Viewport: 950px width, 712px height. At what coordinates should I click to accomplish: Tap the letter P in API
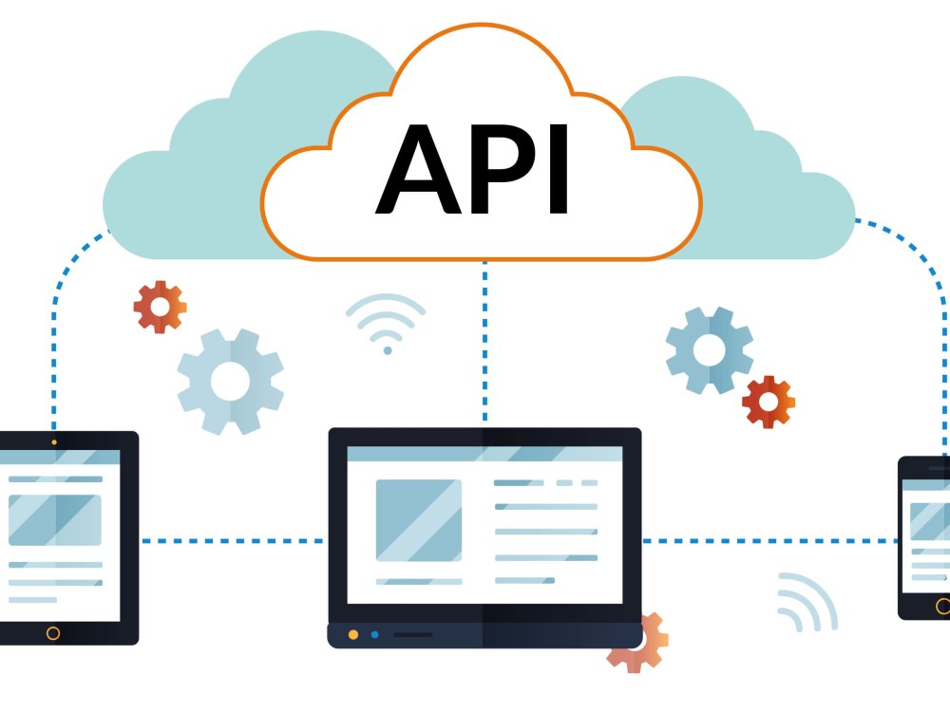click(x=503, y=169)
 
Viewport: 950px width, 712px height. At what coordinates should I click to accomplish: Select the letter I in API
click(x=558, y=169)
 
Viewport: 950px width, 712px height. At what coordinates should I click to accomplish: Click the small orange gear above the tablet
click(x=160, y=307)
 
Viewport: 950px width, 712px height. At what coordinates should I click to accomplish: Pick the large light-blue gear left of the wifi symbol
click(x=230, y=382)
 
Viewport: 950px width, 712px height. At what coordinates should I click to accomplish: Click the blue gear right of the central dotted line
click(x=710, y=350)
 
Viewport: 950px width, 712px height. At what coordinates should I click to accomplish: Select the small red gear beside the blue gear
click(x=769, y=402)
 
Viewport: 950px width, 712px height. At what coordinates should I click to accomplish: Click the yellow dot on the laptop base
click(x=353, y=634)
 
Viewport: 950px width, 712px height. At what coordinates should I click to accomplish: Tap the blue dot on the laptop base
click(x=374, y=634)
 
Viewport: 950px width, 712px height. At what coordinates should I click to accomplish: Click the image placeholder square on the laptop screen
click(x=419, y=520)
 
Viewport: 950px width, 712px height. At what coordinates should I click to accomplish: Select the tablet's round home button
click(x=53, y=633)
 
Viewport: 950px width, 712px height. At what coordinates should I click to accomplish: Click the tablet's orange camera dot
click(x=54, y=442)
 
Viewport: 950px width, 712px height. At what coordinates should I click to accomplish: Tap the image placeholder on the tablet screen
click(x=54, y=520)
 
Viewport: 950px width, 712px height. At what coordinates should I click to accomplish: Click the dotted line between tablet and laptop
click(x=233, y=541)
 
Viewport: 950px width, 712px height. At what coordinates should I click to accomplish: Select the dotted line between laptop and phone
click(x=769, y=541)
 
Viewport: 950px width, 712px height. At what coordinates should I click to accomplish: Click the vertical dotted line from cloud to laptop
click(x=484, y=341)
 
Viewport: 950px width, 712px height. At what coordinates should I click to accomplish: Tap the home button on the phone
click(x=942, y=606)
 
